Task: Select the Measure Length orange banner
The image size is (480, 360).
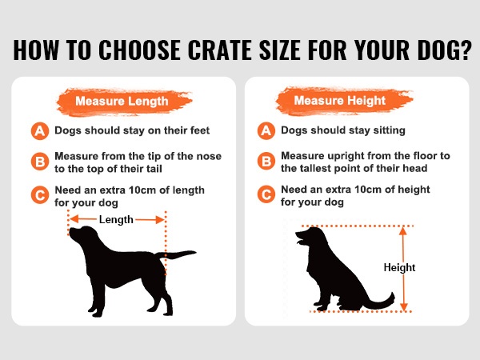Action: pyautogui.click(x=124, y=102)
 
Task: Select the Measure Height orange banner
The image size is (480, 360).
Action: pyautogui.click(x=343, y=101)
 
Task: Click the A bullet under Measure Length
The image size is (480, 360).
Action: pyautogui.click(x=40, y=131)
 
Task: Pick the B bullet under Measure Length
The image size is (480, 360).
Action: pyautogui.click(x=40, y=162)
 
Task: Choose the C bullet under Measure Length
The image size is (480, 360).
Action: pyautogui.click(x=40, y=195)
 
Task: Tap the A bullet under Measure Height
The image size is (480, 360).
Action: pyautogui.click(x=266, y=130)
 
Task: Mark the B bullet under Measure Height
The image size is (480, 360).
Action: pyautogui.click(x=266, y=161)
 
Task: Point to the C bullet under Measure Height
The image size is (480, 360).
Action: pyautogui.click(x=266, y=194)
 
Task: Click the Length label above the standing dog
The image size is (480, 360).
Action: pyautogui.click(x=116, y=220)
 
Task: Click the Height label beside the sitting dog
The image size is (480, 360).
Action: pyautogui.click(x=399, y=267)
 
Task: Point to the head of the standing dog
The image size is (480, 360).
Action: pyautogui.click(x=82, y=235)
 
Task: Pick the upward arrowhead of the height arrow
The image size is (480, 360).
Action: pyautogui.click(x=403, y=231)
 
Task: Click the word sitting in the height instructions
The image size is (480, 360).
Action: pyautogui.click(x=389, y=130)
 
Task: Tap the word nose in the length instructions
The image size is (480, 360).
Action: pyautogui.click(x=209, y=157)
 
